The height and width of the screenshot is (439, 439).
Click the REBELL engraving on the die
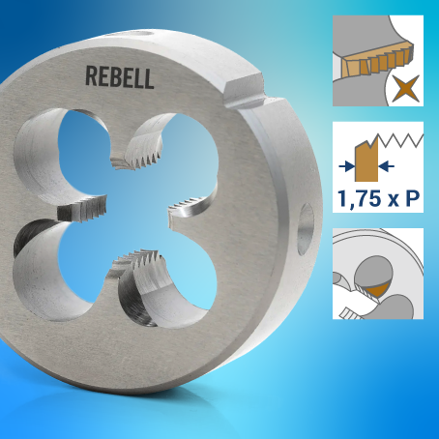point(120,77)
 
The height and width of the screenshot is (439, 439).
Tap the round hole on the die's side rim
point(306,229)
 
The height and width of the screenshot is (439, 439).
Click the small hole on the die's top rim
point(143,33)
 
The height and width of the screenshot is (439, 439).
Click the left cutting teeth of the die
point(82,209)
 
